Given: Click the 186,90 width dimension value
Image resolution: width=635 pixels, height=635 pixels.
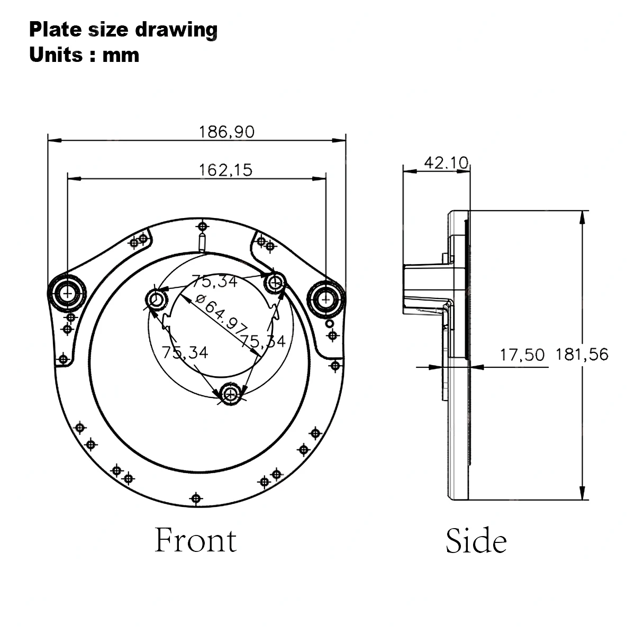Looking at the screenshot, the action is click(x=226, y=132).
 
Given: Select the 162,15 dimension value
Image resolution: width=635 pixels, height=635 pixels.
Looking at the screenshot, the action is click(x=226, y=170).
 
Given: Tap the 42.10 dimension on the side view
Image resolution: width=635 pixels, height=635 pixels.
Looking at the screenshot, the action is click(x=446, y=163).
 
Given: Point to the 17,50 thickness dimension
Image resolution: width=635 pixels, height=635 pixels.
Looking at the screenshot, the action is click(x=522, y=355).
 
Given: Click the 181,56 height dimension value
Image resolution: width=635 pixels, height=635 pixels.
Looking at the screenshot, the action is click(x=582, y=355).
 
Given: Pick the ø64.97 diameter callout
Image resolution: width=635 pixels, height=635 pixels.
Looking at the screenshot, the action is click(x=221, y=312).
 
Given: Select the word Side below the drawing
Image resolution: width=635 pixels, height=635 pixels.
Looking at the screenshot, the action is click(x=476, y=541).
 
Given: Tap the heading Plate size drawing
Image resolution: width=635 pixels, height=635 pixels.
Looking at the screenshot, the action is click(x=123, y=30).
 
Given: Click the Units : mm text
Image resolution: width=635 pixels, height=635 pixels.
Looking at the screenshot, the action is click(x=84, y=55).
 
